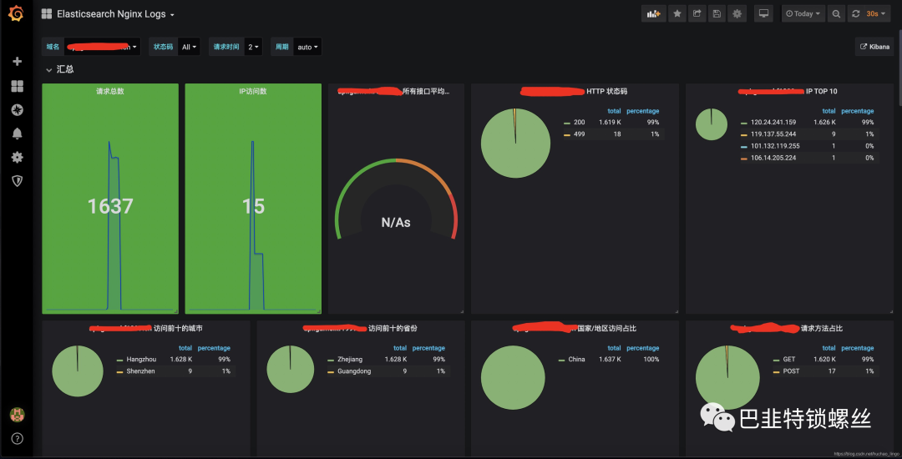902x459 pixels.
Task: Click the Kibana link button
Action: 875,47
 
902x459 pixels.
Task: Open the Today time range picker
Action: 803,13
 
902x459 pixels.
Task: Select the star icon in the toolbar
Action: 676,13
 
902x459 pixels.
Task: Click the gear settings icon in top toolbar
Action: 737,13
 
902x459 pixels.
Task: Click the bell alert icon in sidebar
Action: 17,134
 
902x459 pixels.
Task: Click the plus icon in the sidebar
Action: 17,62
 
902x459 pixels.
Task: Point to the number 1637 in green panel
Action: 110,205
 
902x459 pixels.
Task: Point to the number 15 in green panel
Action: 253,205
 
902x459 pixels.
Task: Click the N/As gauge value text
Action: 396,222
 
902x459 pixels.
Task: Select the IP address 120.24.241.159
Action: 773,122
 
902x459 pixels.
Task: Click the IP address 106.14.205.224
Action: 773,158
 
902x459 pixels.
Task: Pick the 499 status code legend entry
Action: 579,134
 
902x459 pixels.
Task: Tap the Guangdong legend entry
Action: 361,371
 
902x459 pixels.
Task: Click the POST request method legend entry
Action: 791,371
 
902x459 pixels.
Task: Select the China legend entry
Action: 576,359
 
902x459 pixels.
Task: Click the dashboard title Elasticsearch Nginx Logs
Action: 112,14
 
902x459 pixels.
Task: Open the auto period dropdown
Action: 307,47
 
